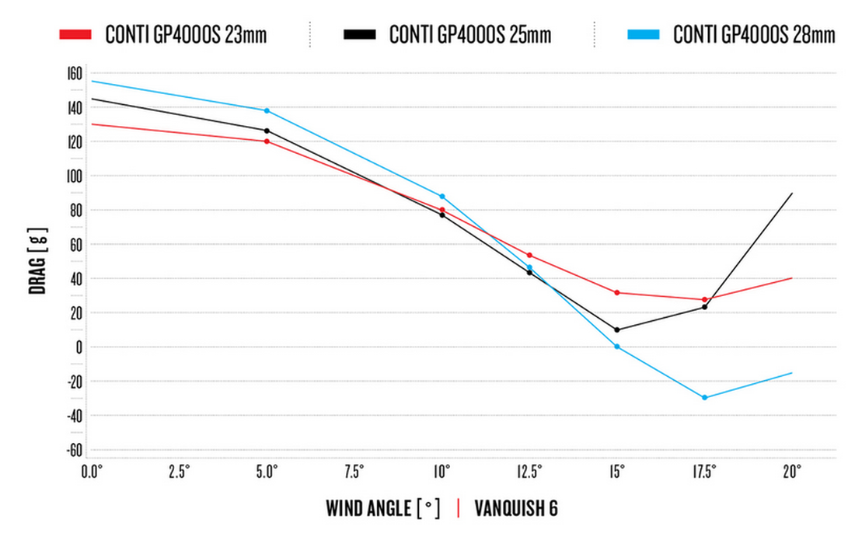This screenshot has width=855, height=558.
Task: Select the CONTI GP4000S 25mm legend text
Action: (469, 34)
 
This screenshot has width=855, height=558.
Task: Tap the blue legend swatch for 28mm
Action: (644, 34)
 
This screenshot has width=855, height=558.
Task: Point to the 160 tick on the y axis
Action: (74, 74)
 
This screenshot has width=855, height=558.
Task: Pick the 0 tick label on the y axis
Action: (78, 347)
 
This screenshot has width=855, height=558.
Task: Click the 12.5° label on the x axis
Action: (529, 472)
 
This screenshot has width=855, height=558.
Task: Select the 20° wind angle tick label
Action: (791, 472)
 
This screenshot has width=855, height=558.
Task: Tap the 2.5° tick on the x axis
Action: (179, 472)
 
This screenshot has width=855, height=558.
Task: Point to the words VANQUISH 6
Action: (515, 509)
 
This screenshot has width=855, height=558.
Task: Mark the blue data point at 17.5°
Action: (704, 398)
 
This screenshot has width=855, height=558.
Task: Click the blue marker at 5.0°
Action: (267, 110)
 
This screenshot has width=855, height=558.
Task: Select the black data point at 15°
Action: (616, 330)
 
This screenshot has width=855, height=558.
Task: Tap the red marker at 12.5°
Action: (529, 255)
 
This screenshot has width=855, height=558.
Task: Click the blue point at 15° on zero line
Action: (616, 347)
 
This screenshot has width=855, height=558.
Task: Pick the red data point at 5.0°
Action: (267, 141)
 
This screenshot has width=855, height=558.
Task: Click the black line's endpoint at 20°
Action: (791, 194)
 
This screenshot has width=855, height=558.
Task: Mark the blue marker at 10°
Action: (441, 197)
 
